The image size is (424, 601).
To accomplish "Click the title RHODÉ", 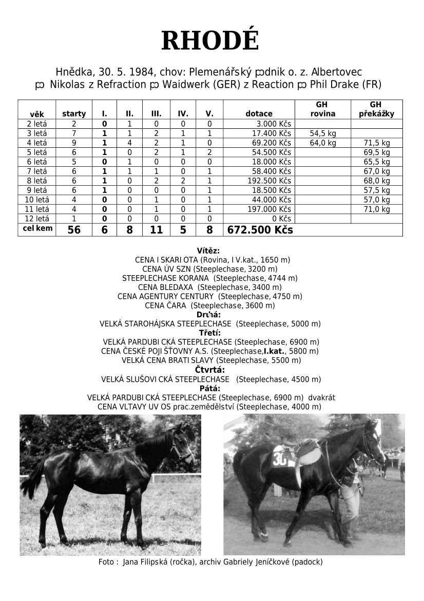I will pyautogui.click(x=210, y=41).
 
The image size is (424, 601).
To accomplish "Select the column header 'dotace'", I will pyautogui.click(x=259, y=114).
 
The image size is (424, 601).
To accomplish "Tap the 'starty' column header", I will pyautogui.click(x=74, y=114).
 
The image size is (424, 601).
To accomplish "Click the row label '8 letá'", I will pyautogui.click(x=36, y=181).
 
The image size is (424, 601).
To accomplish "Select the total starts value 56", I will pyautogui.click(x=74, y=230).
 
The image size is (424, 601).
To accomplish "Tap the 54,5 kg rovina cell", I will pyautogui.click(x=323, y=133).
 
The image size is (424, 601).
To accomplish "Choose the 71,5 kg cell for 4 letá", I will pyautogui.click(x=377, y=143).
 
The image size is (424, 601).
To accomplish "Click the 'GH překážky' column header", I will pyautogui.click(x=376, y=109).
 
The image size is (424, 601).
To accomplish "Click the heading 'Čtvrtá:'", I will pyautogui.click(x=209, y=370).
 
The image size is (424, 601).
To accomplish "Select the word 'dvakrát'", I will pyautogui.click(x=322, y=398).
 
